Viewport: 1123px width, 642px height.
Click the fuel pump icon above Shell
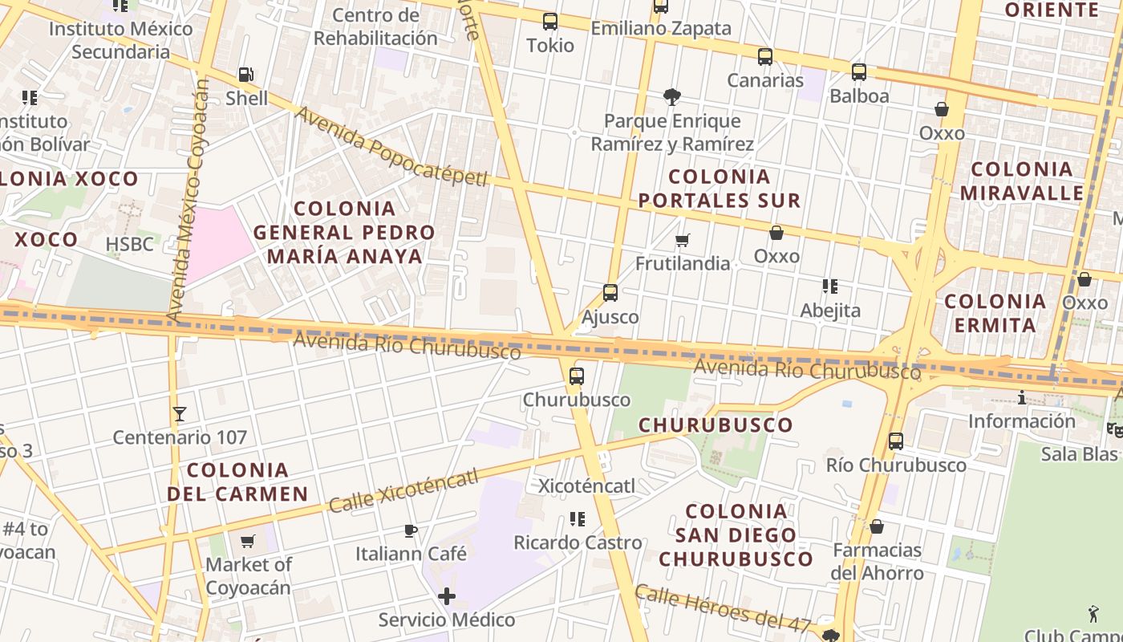point(245,75)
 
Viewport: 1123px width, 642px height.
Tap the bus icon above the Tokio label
point(549,22)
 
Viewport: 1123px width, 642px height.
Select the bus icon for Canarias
point(765,57)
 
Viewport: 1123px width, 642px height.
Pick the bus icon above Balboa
point(859,72)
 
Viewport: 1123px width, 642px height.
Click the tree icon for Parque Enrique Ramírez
point(672,97)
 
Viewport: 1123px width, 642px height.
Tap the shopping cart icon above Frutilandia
point(683,240)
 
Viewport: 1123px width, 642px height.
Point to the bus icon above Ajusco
point(610,293)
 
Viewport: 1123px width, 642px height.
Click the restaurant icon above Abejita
point(830,286)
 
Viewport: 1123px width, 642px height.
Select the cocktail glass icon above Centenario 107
point(180,414)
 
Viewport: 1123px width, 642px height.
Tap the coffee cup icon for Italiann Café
point(411,530)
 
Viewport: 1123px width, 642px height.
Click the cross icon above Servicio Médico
point(447,596)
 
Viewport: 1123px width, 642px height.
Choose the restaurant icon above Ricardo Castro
point(578,519)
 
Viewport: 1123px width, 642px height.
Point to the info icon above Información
point(1021,397)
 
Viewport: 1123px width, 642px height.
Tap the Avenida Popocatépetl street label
point(391,145)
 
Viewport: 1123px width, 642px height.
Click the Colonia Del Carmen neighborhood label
point(237,481)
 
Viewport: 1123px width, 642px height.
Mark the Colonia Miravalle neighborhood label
point(1022,181)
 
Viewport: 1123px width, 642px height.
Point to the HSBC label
point(129,244)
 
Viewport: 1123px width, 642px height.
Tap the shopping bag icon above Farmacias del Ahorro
point(877,526)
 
